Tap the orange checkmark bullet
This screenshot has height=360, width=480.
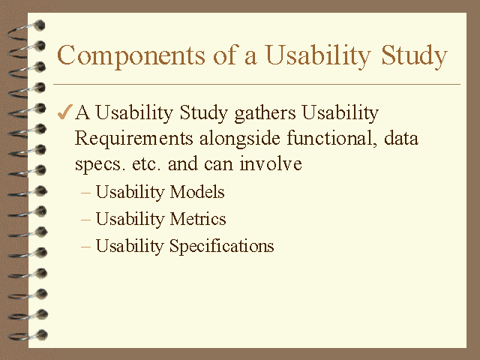click(x=65, y=113)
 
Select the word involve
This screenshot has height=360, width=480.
click(x=271, y=164)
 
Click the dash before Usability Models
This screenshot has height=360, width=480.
click(x=85, y=193)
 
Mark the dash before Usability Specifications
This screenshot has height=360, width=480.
click(x=85, y=247)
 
